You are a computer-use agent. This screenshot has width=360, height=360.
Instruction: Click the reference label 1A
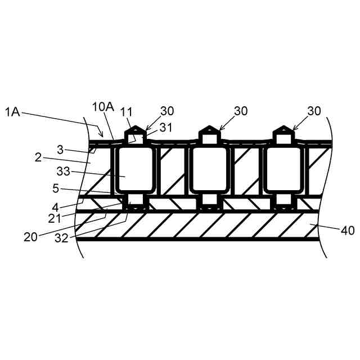tap(13, 112)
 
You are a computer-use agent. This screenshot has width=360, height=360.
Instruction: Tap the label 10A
tap(103, 107)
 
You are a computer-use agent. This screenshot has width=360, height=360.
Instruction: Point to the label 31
tap(165, 127)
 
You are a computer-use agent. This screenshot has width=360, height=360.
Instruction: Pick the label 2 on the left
tap(38, 157)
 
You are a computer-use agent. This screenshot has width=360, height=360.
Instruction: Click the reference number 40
tap(348, 229)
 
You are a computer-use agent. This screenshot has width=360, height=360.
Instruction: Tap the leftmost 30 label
tap(167, 111)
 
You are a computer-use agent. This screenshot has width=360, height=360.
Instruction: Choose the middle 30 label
tap(241, 111)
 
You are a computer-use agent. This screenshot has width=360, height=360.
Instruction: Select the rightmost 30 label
tap(314, 111)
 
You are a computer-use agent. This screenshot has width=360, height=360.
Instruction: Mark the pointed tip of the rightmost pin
tap(283, 128)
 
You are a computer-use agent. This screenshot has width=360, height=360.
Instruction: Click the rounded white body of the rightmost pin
tap(283, 170)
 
